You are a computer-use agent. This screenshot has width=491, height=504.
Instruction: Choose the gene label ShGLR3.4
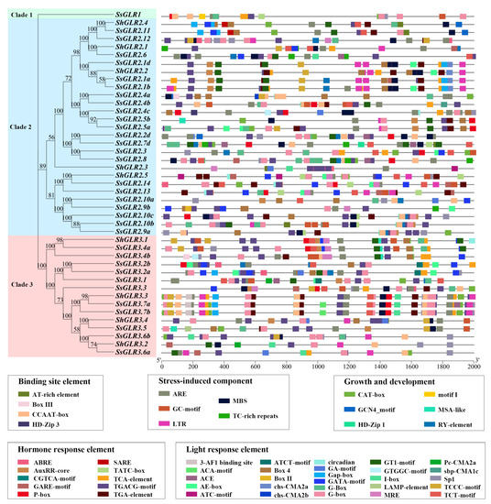[x=130, y=319]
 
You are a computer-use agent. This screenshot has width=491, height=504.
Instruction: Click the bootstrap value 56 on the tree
[x=52, y=137]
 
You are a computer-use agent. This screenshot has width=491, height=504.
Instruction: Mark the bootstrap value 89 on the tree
[x=43, y=165]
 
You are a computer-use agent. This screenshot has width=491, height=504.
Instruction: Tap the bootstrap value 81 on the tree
[x=52, y=194]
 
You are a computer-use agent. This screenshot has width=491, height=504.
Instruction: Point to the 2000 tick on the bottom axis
[x=473, y=365]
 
